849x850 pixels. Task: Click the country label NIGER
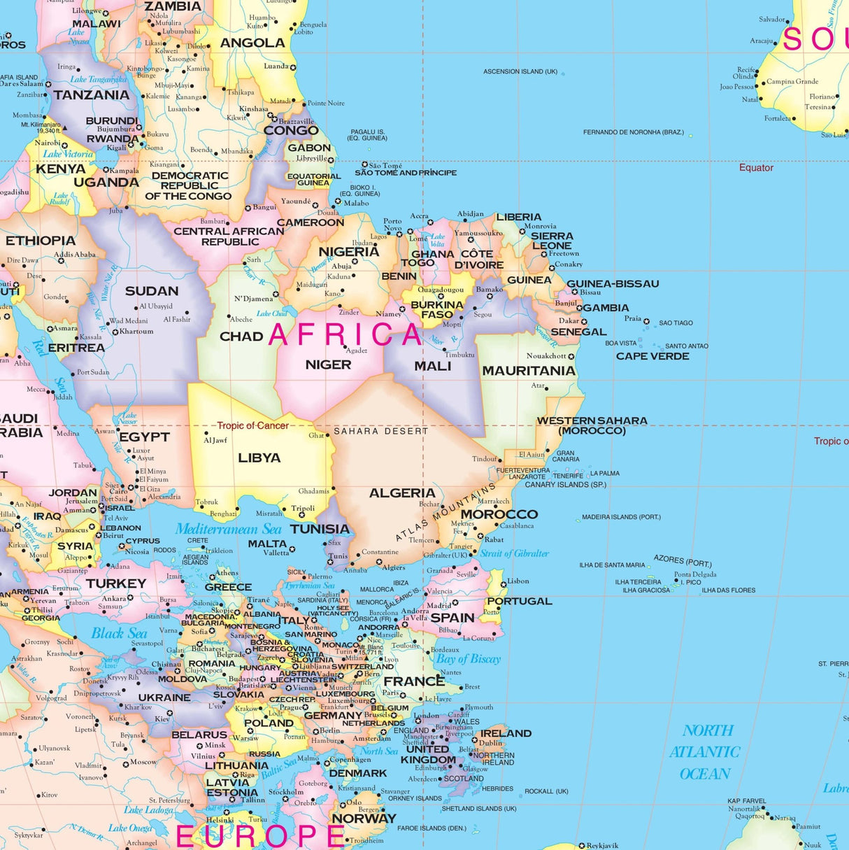click(x=328, y=364)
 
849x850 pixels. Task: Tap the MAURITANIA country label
click(x=528, y=371)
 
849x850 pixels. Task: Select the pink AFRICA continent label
click(x=345, y=334)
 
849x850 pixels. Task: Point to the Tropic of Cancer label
click(x=252, y=425)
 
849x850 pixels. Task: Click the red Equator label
click(x=756, y=168)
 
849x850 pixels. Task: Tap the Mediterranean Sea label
click(x=228, y=529)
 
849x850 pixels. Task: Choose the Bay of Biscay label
click(x=468, y=658)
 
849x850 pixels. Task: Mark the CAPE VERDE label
click(x=652, y=356)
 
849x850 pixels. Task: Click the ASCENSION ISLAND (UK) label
click(x=520, y=71)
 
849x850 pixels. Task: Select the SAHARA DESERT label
click(x=380, y=431)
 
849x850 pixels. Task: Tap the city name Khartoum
click(x=136, y=332)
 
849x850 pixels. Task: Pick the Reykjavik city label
click(x=602, y=845)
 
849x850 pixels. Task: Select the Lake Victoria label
click(x=68, y=154)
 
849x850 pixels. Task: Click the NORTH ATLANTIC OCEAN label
click(x=705, y=752)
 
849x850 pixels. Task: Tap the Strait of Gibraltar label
click(x=514, y=553)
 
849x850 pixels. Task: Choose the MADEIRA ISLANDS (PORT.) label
click(x=621, y=517)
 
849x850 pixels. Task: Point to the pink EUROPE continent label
click(x=260, y=835)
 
